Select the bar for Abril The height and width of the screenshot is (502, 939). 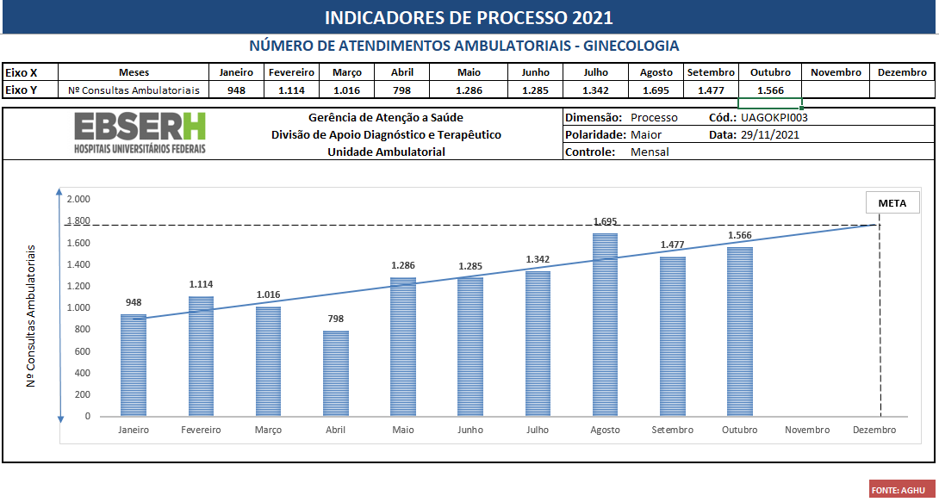tap(336, 374)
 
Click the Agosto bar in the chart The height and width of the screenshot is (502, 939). tap(605, 325)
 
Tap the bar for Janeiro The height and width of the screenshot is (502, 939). tap(134, 365)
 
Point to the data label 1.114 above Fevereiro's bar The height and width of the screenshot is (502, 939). tap(202, 284)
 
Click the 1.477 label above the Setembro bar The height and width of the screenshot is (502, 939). tap(672, 245)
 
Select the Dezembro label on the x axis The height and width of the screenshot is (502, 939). tap(874, 431)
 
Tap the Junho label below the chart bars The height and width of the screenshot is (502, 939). tap(470, 431)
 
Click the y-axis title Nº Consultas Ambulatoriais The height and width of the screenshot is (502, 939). tap(32, 315)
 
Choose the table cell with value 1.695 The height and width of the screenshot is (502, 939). tap(656, 90)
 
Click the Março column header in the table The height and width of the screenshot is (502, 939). tap(347, 72)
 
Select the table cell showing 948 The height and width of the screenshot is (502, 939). tap(236, 90)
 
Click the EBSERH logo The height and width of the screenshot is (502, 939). tap(140, 133)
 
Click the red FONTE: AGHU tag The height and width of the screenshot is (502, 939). tap(901, 490)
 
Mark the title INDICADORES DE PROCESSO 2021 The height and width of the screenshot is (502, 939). tap(469, 17)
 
